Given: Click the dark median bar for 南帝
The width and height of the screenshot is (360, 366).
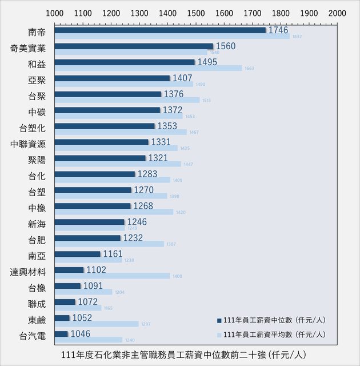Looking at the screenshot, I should [x=160, y=30].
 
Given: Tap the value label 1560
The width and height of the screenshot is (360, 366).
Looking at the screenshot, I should [x=226, y=46].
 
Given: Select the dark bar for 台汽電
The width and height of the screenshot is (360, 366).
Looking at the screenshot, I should [x=61, y=334].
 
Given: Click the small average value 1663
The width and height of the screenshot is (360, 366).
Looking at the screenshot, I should [x=249, y=68].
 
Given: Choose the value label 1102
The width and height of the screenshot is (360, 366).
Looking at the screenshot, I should [x=95, y=270].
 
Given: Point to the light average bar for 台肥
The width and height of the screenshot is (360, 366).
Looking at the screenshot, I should [x=137, y=244].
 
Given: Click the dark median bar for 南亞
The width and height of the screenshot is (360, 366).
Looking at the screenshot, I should [x=77, y=254].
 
